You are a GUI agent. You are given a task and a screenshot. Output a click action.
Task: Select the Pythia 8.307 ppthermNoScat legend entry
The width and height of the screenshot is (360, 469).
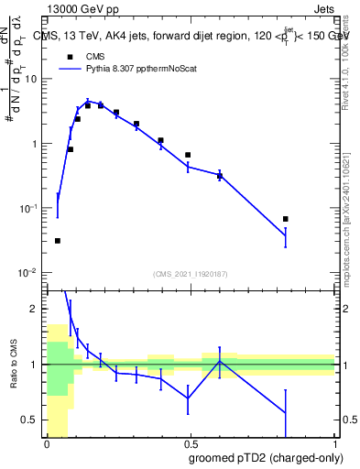click(131, 68)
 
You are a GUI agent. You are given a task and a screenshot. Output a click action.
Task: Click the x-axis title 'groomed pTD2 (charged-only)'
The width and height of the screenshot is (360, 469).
click(267, 457)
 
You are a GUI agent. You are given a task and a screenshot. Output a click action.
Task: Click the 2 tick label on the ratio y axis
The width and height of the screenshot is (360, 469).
click(34, 310)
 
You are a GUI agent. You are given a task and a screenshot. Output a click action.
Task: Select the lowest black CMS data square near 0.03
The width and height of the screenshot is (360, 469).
click(58, 241)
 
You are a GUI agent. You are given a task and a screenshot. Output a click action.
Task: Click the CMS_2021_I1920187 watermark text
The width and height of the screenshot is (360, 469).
click(190, 273)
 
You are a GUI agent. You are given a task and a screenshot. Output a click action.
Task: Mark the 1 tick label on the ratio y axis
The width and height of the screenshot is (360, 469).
click(34, 365)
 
